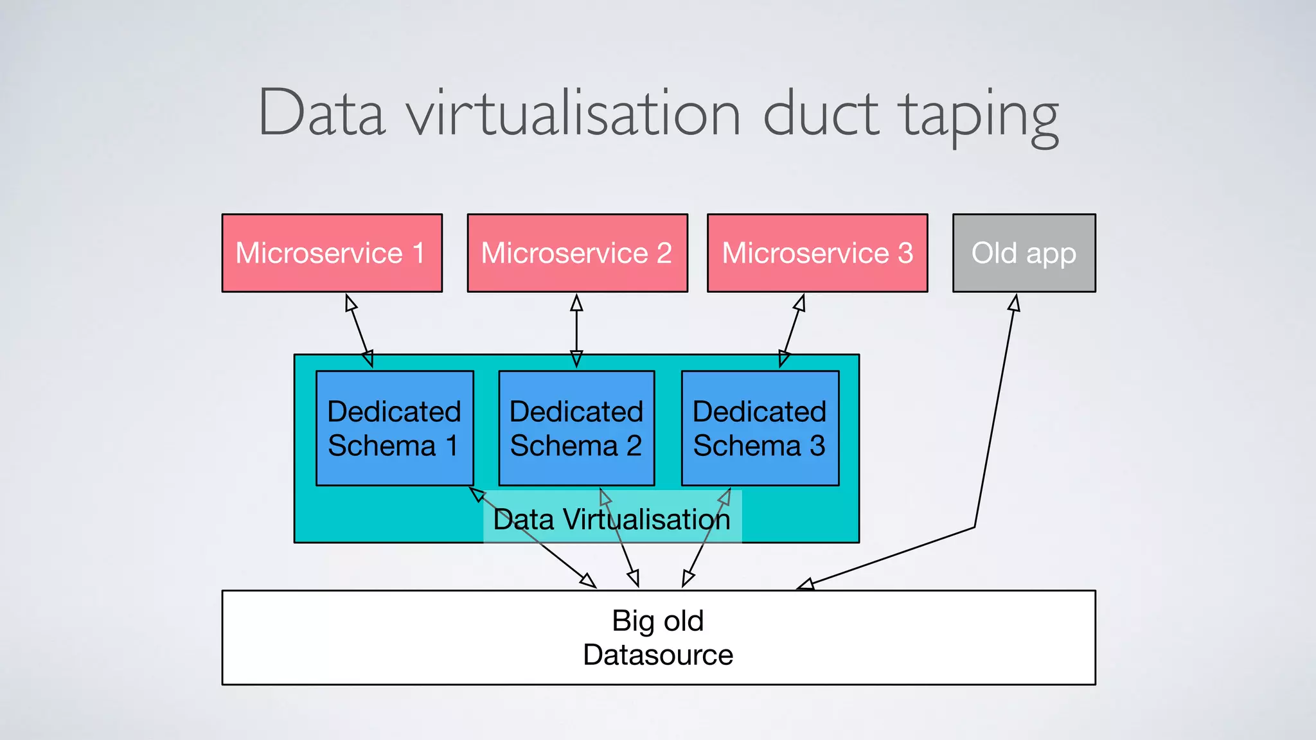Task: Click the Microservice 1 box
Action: (x=332, y=252)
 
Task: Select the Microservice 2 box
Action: (x=577, y=252)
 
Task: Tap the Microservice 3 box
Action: (x=817, y=252)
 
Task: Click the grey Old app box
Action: (x=1024, y=252)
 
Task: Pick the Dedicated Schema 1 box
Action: (x=395, y=428)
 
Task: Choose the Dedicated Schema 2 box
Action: (x=576, y=428)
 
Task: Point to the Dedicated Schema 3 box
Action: (x=760, y=428)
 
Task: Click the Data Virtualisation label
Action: (x=612, y=519)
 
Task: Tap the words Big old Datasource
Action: (x=658, y=637)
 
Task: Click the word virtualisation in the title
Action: (x=573, y=114)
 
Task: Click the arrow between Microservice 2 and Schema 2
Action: (x=576, y=331)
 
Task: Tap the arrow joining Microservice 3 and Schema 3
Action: (x=792, y=331)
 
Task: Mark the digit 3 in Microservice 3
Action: (x=905, y=252)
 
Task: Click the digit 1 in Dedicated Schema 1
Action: (x=452, y=446)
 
